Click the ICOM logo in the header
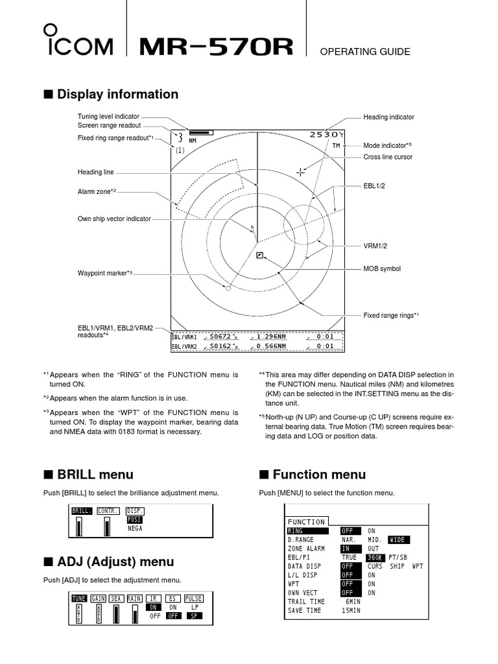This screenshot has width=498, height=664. coord(78,42)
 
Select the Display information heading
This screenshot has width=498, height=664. coord(117,95)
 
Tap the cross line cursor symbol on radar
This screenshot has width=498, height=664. coord(301,172)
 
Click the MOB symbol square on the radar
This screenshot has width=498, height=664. coord(259,255)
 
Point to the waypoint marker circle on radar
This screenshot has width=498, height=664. coord(228,287)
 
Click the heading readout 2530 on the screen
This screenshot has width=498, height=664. coord(324,134)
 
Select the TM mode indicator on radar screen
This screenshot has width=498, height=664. coord(336,146)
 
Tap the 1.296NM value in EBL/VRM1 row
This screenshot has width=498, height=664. coord(270,337)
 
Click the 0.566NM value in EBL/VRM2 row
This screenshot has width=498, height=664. coord(270,346)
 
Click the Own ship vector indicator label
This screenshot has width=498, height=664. coord(114,219)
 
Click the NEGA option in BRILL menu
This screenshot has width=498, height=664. coord(134,528)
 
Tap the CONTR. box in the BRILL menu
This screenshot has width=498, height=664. coord(107,511)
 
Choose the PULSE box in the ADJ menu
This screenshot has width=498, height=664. coord(194,599)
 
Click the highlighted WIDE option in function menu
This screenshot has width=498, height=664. coord(399,539)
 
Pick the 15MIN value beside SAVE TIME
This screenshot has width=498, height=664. coord(351,610)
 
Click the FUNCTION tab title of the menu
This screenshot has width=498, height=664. coord(307,522)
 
